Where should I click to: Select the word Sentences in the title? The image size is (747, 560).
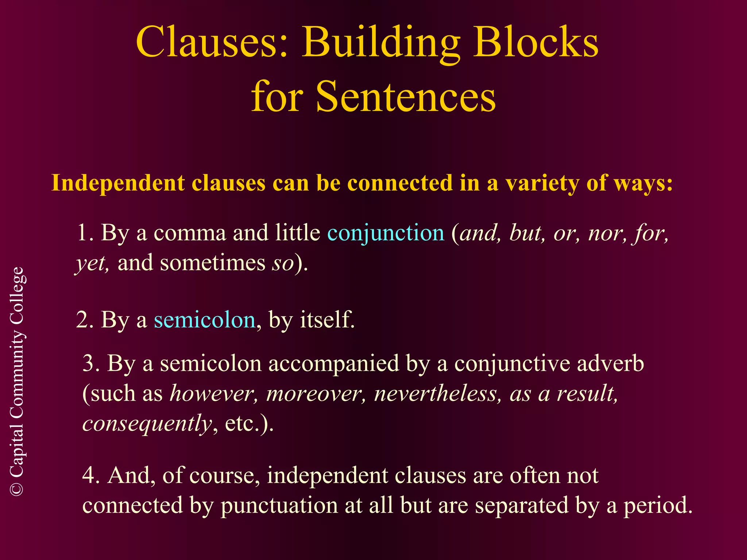click(406, 97)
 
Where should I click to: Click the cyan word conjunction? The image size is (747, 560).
click(386, 233)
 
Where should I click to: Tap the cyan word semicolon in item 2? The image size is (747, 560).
click(204, 320)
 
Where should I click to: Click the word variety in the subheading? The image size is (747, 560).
click(542, 183)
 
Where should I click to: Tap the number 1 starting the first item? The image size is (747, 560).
click(82, 233)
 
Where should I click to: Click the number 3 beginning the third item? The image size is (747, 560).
click(89, 363)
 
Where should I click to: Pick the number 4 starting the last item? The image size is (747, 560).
click(89, 475)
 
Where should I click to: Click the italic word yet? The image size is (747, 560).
click(91, 263)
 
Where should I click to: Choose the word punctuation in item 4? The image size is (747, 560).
click(279, 506)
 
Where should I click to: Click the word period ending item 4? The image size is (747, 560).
click(657, 506)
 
